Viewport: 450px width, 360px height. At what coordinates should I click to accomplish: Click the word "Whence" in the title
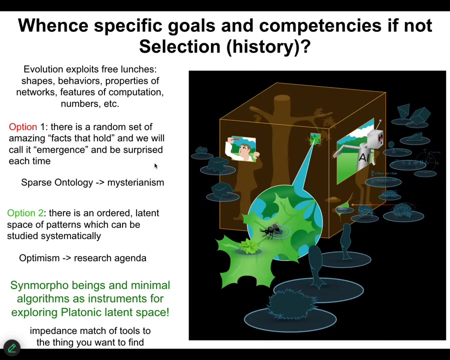[x=53, y=25]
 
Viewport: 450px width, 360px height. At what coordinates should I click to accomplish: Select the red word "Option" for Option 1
[x=23, y=127]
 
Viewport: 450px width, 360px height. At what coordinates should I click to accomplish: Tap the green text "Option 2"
[x=25, y=213]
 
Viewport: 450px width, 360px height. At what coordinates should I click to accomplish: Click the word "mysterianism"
[x=135, y=182]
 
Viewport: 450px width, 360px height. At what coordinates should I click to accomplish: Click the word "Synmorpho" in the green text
[x=39, y=286]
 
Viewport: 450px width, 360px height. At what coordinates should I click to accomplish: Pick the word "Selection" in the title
[x=179, y=46]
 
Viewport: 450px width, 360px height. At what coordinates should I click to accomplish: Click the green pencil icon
[x=12, y=348]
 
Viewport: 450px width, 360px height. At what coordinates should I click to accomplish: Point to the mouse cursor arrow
[x=156, y=166]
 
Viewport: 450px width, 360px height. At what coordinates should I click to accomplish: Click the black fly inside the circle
[x=270, y=230]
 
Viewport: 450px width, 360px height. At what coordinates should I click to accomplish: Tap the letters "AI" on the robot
[x=364, y=157]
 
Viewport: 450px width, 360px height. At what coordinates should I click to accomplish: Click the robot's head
[x=375, y=138]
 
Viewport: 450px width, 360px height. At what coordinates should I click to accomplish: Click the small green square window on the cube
[x=315, y=138]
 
